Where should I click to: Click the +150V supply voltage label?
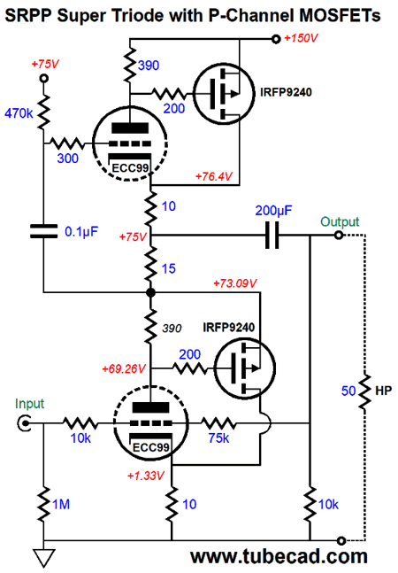301,38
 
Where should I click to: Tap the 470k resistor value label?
19,113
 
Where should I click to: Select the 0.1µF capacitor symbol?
43,231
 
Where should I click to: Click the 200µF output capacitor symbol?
272,236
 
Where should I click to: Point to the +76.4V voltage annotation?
214,176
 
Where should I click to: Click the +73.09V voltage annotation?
235,283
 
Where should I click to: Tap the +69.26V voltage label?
124,368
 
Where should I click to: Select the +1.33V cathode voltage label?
146,476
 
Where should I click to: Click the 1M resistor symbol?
43,504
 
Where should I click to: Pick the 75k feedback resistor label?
218,437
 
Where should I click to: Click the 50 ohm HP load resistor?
364,391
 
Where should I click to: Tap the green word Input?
29,404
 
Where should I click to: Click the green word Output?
340,221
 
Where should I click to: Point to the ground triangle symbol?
44,558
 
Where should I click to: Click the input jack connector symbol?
24,423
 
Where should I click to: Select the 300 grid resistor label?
67,159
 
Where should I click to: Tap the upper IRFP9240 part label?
286,92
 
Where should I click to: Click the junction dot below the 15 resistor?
150,292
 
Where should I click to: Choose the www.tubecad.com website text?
279,556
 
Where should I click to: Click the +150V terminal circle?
276,39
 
